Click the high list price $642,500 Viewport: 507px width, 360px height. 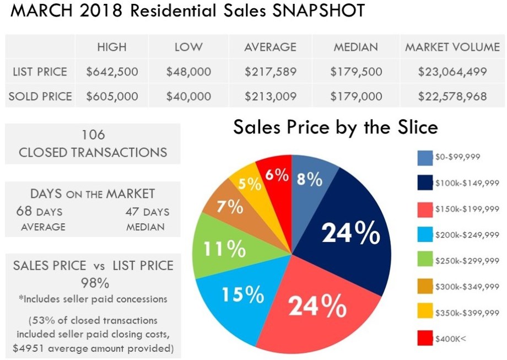point(112,72)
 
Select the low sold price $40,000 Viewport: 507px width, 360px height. point(188,96)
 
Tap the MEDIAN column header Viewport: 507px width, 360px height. point(355,47)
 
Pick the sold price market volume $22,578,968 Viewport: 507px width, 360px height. point(452,96)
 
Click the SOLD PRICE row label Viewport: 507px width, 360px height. point(40,96)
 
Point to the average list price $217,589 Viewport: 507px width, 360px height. point(270,72)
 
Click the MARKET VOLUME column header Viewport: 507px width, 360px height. point(452,47)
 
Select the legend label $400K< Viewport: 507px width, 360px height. point(451,338)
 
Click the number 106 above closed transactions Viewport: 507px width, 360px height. point(93,135)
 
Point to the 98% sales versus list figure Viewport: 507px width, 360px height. point(93,283)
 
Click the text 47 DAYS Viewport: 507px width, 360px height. point(147,212)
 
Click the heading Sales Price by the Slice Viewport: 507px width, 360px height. point(335,127)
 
